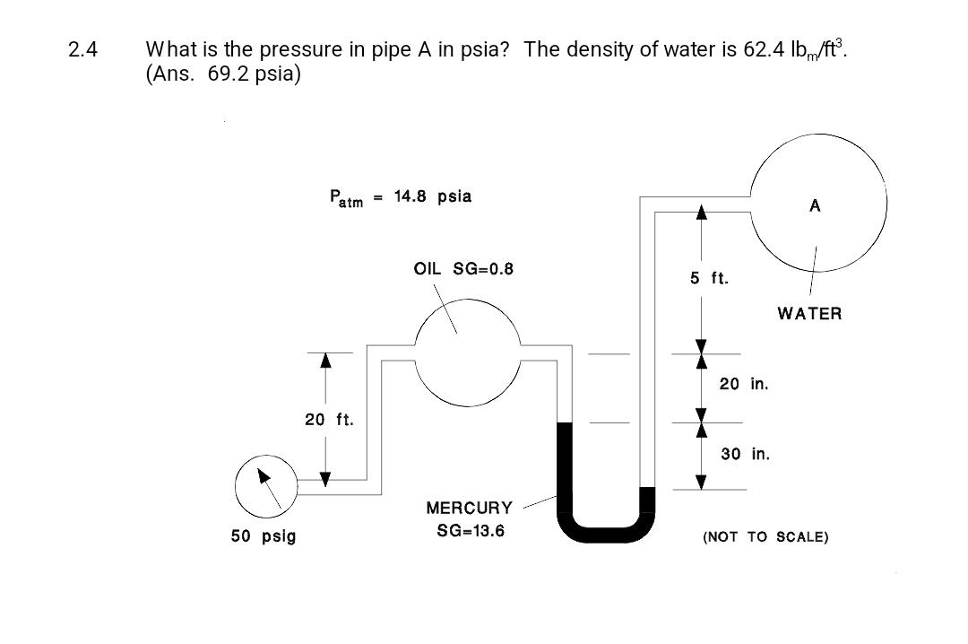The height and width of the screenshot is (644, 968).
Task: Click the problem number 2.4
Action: point(82,49)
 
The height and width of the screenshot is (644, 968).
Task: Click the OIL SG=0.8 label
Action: point(463,268)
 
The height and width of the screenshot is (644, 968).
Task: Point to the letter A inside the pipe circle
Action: point(815,206)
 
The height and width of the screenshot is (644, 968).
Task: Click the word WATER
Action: point(809,314)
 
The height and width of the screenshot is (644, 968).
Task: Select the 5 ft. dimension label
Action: point(709,279)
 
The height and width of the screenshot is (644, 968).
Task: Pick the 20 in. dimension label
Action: point(744,384)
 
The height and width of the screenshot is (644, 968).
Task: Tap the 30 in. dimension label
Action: point(745,454)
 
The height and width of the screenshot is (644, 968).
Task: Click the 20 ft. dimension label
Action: point(330,419)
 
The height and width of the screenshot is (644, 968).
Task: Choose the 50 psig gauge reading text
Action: point(264,536)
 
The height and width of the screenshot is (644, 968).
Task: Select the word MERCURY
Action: point(470,509)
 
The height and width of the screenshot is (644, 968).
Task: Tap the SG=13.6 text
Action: point(470,531)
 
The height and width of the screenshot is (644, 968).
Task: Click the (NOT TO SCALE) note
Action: point(765,537)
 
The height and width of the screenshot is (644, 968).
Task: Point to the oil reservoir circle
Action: point(467,352)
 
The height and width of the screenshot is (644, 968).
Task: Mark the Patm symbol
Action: point(346,198)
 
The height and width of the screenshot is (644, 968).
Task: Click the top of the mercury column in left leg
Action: point(565,424)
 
